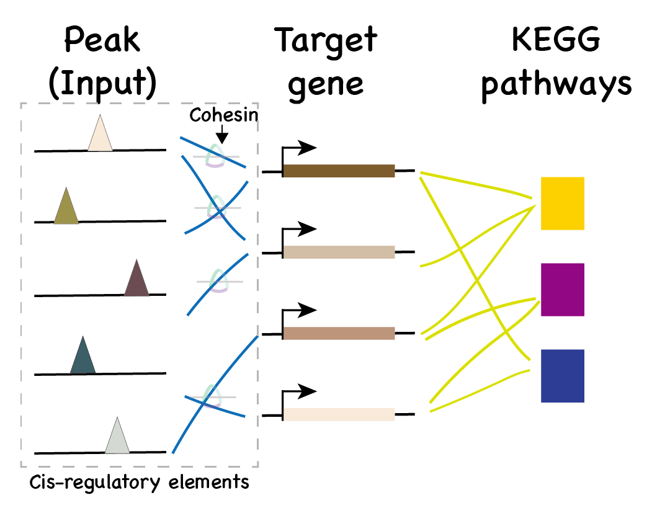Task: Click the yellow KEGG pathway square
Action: (x=562, y=203)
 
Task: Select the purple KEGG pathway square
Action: (x=562, y=290)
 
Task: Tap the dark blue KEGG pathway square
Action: (x=562, y=376)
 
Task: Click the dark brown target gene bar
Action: (x=339, y=171)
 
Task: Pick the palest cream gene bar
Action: (x=339, y=414)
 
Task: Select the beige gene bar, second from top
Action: (x=339, y=252)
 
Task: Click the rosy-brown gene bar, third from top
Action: (x=339, y=333)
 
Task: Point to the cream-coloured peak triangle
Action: (x=100, y=136)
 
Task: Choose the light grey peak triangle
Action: (x=117, y=438)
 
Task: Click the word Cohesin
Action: (x=223, y=115)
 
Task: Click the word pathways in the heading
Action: (x=556, y=84)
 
